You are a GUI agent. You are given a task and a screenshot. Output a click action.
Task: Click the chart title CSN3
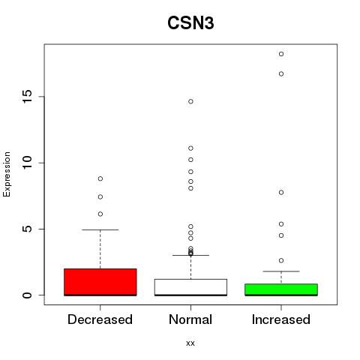click(x=190, y=23)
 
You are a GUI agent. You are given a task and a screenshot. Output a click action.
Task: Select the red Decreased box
click(x=100, y=282)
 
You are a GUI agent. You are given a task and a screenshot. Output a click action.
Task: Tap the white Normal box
click(x=190, y=287)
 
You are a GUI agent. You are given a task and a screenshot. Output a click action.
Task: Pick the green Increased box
click(x=281, y=289)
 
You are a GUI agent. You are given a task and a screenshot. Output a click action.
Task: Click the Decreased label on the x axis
click(x=100, y=319)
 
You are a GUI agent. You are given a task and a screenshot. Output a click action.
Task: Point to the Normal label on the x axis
click(x=190, y=319)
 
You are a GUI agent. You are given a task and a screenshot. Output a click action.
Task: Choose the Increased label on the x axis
click(x=281, y=319)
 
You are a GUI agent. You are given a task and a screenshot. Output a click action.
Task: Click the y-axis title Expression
click(x=7, y=174)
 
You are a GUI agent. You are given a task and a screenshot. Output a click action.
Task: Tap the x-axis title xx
click(x=190, y=343)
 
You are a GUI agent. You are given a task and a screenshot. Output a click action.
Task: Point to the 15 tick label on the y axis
click(x=27, y=97)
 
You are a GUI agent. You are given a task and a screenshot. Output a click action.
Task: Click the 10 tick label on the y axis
click(x=27, y=163)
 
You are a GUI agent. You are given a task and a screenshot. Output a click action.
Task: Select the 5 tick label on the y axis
click(x=27, y=229)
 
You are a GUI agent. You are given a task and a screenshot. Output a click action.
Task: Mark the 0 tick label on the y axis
click(x=27, y=295)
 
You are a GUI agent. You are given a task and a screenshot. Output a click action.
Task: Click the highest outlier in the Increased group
click(x=281, y=54)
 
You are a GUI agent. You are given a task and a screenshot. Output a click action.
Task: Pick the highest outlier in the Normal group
click(x=190, y=101)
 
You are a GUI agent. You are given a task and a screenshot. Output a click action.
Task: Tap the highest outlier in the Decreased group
click(x=100, y=178)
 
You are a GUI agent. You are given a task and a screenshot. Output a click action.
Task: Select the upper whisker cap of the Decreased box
click(x=100, y=229)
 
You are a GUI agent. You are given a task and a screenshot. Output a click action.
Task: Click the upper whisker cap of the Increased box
click(x=281, y=271)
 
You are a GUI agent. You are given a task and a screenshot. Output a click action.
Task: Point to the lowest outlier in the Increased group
click(x=281, y=261)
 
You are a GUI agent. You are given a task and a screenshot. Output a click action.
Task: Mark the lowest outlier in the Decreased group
click(x=100, y=214)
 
